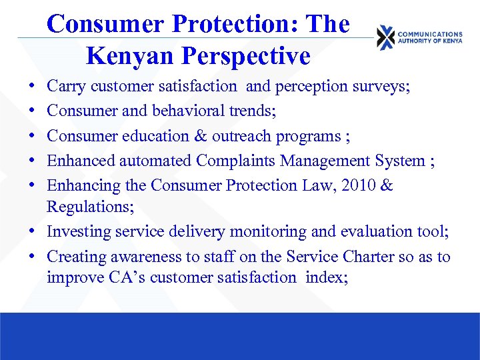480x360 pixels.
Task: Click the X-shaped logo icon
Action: click(385, 37)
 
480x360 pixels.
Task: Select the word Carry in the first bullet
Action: click(65, 86)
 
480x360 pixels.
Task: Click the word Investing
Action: click(77, 232)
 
